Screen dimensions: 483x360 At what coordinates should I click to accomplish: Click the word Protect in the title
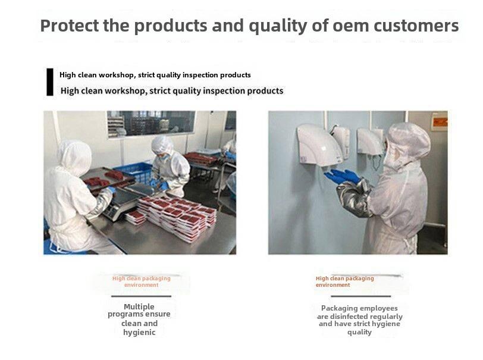click(70, 26)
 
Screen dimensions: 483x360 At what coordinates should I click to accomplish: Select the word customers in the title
click(416, 26)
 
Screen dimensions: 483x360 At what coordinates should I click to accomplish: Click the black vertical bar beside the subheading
click(50, 82)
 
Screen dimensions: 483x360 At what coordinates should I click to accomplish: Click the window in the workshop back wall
click(151, 123)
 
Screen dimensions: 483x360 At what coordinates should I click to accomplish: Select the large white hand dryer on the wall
click(319, 145)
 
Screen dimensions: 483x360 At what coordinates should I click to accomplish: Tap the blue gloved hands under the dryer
click(342, 177)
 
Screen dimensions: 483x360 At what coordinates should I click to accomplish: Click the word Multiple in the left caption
click(139, 306)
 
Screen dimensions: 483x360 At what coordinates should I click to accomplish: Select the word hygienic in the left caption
click(139, 332)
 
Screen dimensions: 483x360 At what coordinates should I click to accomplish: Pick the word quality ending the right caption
click(359, 332)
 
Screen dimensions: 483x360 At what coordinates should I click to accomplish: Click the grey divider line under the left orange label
click(141, 296)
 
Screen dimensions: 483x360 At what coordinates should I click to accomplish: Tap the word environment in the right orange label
click(333, 285)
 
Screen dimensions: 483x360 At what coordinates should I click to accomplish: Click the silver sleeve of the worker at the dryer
click(355, 198)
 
